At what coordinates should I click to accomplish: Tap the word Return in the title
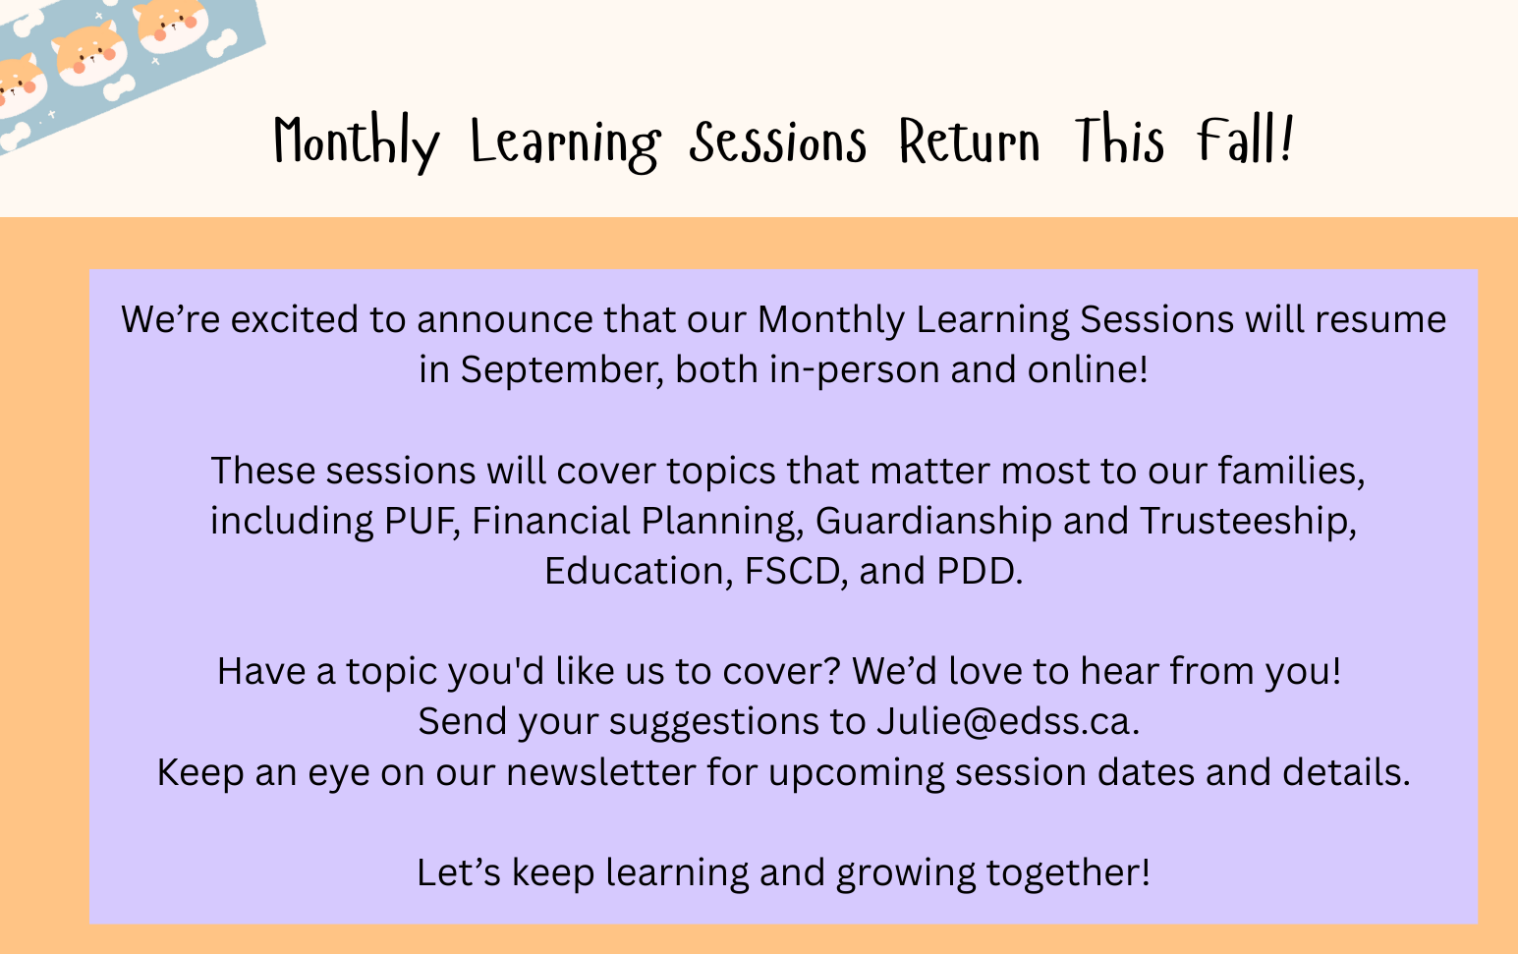(969, 140)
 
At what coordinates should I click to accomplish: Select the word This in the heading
(1119, 140)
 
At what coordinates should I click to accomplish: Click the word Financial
(551, 521)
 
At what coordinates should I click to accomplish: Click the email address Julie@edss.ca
(1008, 721)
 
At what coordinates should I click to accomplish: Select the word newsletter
(601, 771)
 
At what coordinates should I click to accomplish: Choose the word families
(1291, 471)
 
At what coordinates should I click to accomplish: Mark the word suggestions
(714, 722)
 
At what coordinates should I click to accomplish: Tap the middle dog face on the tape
(90, 54)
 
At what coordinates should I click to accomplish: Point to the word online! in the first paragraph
(1088, 370)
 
